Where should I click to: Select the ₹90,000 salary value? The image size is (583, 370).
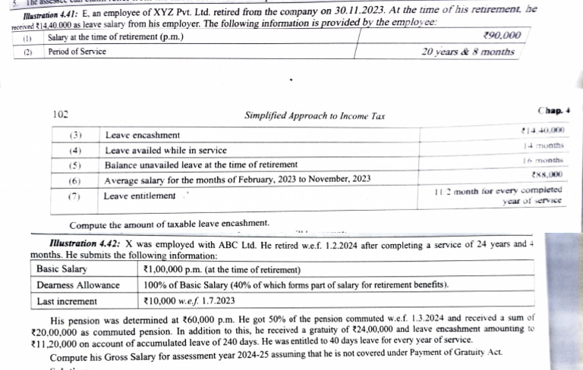coord(501,36)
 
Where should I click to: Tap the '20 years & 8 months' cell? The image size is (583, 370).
coord(468,52)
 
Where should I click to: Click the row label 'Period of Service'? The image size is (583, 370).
coord(77,52)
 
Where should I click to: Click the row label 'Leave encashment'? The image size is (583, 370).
coord(142,135)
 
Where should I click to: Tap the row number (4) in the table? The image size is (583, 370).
coord(75,149)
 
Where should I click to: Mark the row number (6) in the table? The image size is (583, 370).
coord(75,180)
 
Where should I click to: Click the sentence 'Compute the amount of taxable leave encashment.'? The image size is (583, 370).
coord(169,224)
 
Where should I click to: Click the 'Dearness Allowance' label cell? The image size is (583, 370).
coord(78,285)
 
